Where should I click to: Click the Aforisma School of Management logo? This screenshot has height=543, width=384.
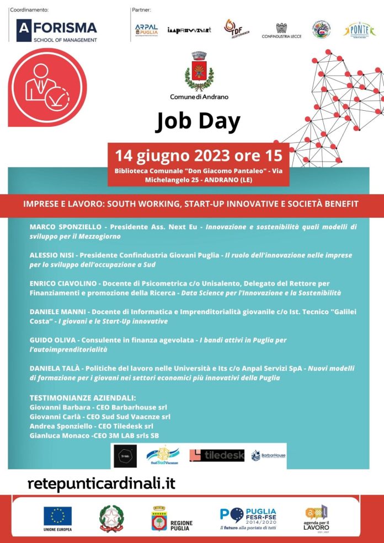point(57,31)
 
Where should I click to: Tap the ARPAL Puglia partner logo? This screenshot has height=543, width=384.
point(146,31)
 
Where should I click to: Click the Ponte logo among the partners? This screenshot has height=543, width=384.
point(360,30)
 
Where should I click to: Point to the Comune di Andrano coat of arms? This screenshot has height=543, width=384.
point(199,72)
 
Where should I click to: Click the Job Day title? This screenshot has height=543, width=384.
point(198,121)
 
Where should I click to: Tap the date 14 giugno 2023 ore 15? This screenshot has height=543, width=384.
point(198,153)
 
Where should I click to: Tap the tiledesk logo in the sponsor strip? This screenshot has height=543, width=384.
point(217,455)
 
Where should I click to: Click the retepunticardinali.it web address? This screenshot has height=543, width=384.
point(101,483)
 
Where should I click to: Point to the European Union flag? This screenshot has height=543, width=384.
point(57,517)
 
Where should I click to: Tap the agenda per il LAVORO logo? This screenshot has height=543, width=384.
point(316,518)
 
